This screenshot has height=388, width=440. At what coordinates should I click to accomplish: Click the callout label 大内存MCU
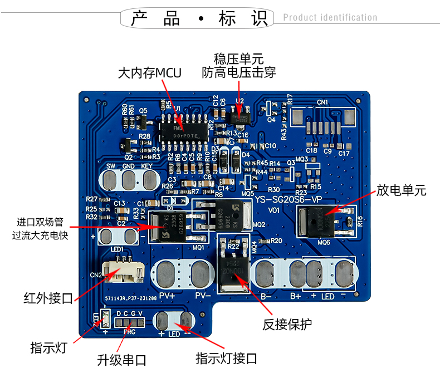(149, 73)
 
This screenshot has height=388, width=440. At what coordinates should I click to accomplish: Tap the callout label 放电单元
(401, 190)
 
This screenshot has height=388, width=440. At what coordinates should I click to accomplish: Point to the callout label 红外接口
(48, 298)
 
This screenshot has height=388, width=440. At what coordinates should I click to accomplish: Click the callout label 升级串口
(121, 360)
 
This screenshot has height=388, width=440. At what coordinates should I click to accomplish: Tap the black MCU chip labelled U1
(185, 130)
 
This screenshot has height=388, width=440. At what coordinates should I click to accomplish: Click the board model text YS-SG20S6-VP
(288, 200)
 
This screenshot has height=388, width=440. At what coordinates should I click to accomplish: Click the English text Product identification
(330, 17)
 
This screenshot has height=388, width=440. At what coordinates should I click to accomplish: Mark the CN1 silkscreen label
(322, 102)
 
